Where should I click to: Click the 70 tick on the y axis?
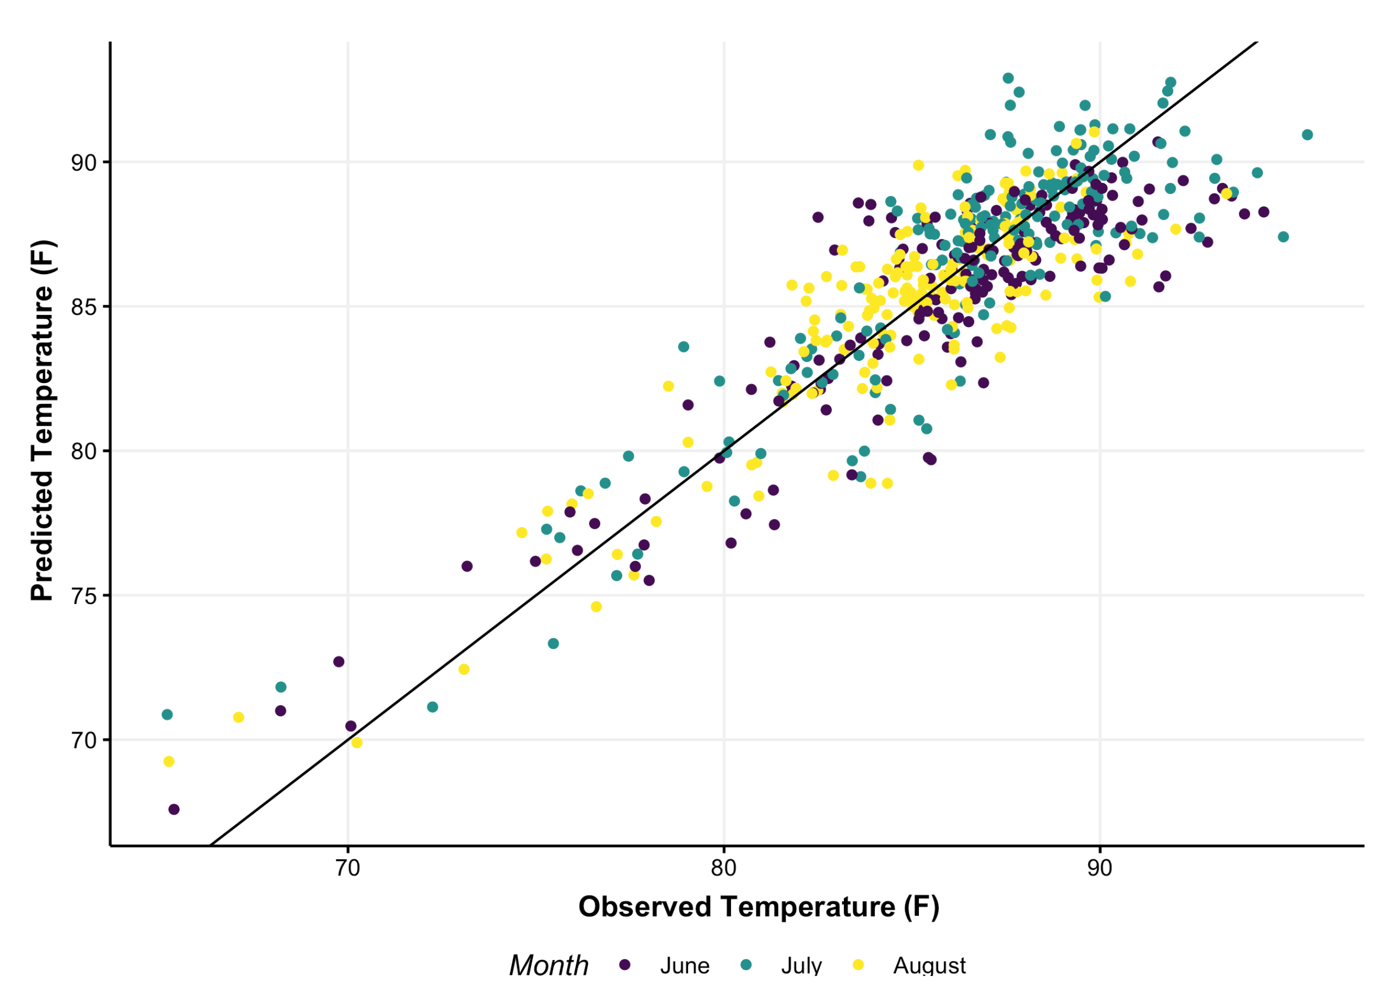[x=85, y=741]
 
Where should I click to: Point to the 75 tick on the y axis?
[x=85, y=596]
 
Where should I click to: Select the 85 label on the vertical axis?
[x=85, y=307]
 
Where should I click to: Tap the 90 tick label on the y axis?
[x=85, y=162]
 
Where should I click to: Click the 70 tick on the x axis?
[x=348, y=868]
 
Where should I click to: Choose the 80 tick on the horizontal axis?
[x=724, y=868]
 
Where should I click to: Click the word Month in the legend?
[x=548, y=965]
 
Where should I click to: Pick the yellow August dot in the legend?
[x=858, y=964]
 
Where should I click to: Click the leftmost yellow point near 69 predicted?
[x=169, y=762]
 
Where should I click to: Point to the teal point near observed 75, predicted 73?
[x=553, y=644]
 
